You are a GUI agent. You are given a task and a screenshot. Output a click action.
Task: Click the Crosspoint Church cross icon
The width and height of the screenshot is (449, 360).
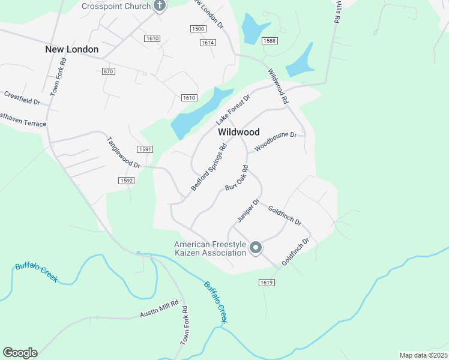click(x=159, y=6)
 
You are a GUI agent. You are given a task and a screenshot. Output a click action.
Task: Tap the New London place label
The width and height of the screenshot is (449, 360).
click(x=71, y=49)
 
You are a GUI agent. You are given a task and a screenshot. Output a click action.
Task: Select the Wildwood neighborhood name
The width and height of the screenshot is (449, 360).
click(x=238, y=132)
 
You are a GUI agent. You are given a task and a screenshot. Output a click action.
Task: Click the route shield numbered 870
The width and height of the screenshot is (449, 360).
click(x=108, y=71)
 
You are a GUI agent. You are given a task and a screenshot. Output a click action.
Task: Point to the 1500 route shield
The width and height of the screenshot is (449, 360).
click(x=197, y=29)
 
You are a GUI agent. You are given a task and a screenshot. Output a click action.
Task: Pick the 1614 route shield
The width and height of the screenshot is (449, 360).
click(x=208, y=43)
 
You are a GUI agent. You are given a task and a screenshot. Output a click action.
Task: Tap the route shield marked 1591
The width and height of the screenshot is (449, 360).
click(x=144, y=149)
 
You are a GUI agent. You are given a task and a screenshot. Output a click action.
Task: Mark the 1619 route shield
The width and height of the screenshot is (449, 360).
click(x=267, y=282)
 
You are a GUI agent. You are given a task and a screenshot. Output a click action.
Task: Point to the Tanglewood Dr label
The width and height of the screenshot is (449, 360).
click(x=123, y=153)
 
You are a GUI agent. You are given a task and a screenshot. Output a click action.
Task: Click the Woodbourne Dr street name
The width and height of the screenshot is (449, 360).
click(x=276, y=142)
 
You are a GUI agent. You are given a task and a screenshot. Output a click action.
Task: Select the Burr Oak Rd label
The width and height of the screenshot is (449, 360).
click(x=237, y=179)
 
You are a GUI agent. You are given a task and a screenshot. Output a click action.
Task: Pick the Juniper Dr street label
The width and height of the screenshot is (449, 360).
click(x=247, y=210)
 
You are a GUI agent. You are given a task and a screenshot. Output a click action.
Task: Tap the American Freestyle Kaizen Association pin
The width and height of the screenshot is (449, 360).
click(x=256, y=247)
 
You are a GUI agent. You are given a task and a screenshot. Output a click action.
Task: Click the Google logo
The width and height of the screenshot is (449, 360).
click(x=20, y=353)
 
